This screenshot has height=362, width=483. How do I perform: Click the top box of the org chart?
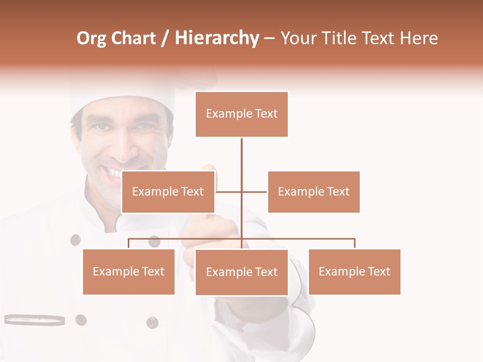coord(242,114)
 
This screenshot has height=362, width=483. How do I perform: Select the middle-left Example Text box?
coord(168,192)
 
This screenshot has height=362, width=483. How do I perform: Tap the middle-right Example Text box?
coord(313,192)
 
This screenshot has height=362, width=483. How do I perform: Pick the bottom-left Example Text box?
coord(129,271)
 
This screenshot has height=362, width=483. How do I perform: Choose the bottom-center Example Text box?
coord(242,272)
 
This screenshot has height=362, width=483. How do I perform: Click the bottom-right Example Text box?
coord(354,271)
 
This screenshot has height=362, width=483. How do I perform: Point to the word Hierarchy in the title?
coord(217,39)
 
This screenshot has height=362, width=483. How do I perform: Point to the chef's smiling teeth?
coord(113,173)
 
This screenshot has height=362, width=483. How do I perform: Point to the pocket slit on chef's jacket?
coord(34,319)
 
